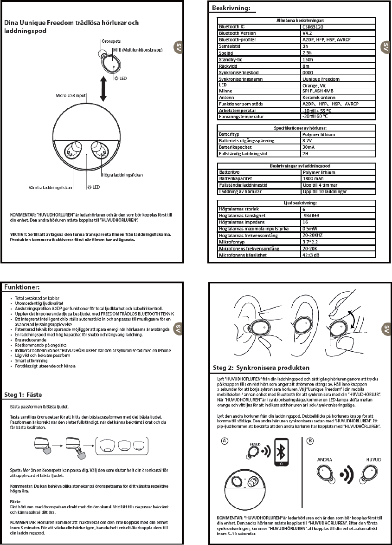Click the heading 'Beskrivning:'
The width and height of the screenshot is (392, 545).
click(231, 8)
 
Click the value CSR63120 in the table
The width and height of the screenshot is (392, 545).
click(316, 27)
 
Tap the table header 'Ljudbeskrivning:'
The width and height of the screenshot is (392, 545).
click(297, 203)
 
